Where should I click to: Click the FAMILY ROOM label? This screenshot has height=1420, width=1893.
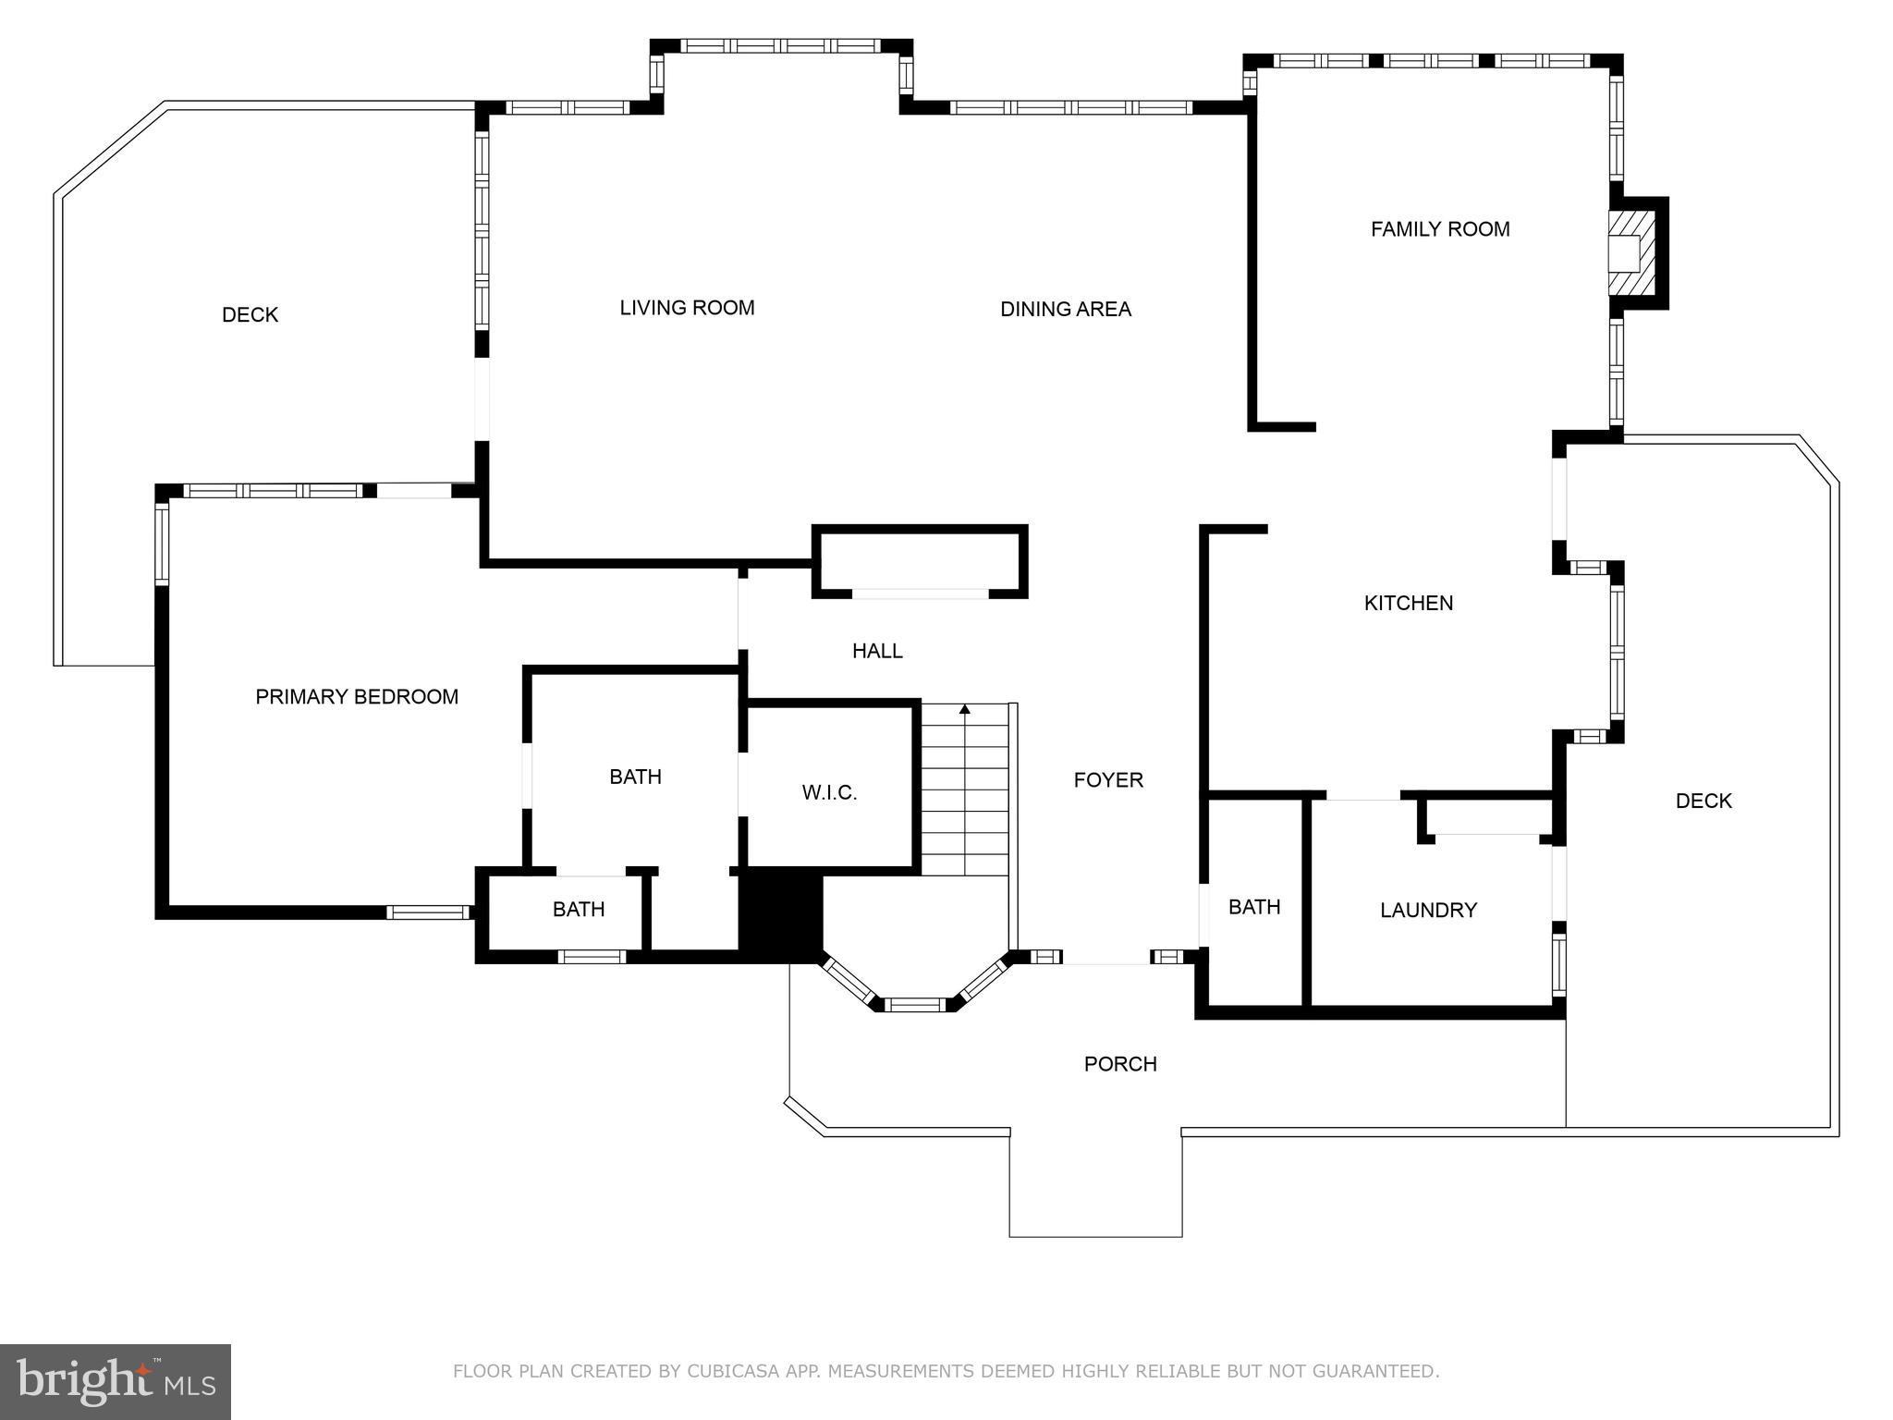click(1439, 229)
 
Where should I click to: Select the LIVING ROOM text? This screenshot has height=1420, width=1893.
click(687, 308)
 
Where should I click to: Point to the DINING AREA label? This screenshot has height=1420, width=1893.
click(1065, 309)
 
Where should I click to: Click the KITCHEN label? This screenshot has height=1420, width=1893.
click(1408, 603)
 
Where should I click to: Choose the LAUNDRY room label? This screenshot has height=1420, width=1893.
click(1428, 911)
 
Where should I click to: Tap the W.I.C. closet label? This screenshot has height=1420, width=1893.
click(829, 792)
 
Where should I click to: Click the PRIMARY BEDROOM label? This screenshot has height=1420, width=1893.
click(357, 697)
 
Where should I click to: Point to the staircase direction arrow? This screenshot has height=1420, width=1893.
click(964, 710)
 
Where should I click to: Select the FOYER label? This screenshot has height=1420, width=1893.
click(1107, 780)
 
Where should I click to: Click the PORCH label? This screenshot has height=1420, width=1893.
click(1119, 1064)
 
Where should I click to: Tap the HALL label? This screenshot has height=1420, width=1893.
click(876, 651)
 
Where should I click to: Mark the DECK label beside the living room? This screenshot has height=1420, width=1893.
click(250, 315)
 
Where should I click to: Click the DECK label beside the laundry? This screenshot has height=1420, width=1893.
click(1703, 802)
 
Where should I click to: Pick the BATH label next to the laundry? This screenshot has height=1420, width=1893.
click(1253, 907)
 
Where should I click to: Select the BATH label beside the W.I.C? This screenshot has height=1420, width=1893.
click(635, 777)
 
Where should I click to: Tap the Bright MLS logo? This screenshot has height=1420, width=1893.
click(116, 1381)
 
